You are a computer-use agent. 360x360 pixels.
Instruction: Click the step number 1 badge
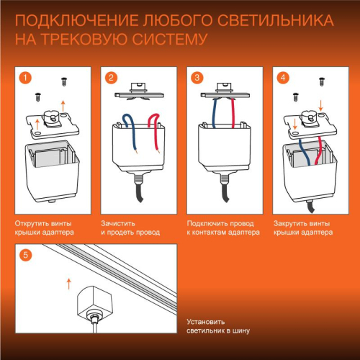[26, 77]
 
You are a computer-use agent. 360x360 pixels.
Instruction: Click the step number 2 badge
[112, 77]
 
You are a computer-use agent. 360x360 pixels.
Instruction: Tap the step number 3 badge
[198, 77]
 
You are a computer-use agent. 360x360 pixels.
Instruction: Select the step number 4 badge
[284, 77]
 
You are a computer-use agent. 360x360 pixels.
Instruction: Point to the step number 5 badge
[26, 254]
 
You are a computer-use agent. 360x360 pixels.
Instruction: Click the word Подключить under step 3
[205, 223]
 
